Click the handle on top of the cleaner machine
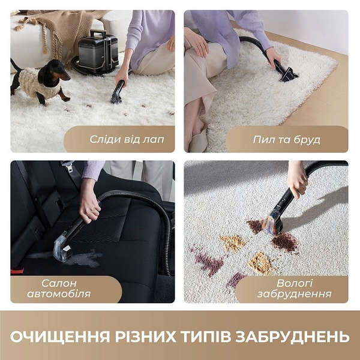(98, 34)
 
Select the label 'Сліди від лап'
(127, 139)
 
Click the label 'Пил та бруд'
(287, 140)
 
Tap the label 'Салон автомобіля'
(59, 289)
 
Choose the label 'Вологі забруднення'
(295, 289)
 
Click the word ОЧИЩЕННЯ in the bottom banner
(60, 337)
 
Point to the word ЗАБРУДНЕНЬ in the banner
(293, 337)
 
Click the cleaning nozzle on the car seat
(62, 249)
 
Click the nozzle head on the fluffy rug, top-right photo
(288, 74)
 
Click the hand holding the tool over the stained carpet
(298, 178)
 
